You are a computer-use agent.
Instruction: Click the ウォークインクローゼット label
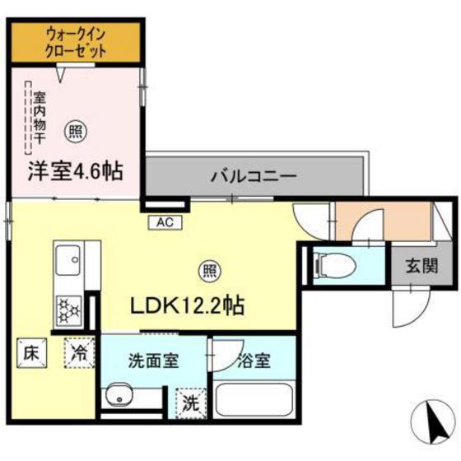click(x=77, y=42)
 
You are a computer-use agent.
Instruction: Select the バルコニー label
click(x=252, y=175)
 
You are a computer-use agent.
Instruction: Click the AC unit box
click(x=165, y=221)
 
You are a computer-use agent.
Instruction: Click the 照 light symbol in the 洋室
click(x=76, y=129)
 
